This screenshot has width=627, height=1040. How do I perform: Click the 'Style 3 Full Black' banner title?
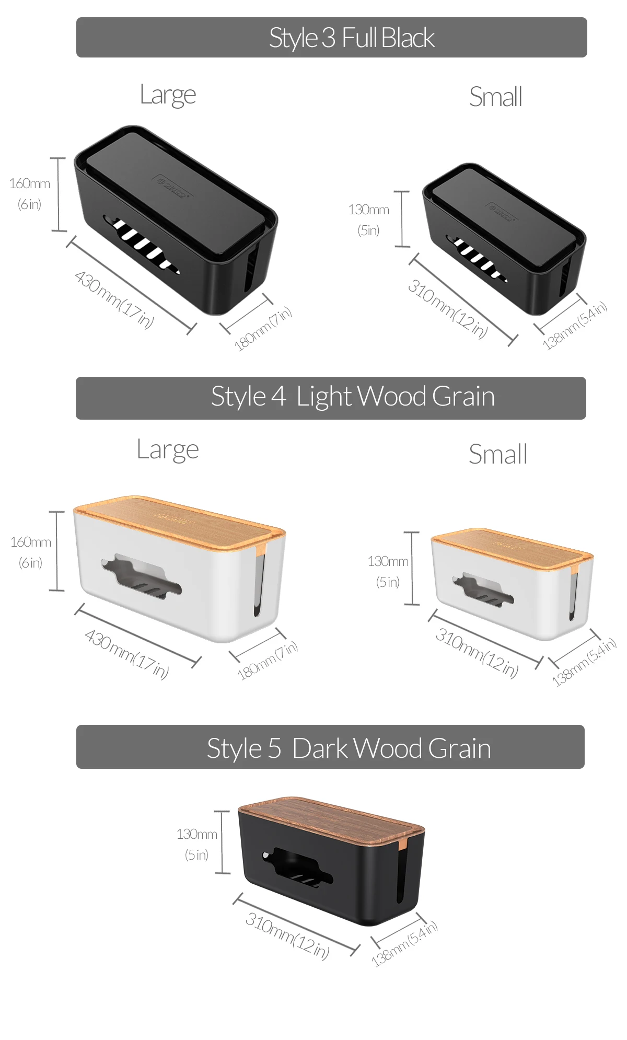(x=352, y=38)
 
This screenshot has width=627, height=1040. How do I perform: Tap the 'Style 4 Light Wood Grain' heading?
(x=353, y=397)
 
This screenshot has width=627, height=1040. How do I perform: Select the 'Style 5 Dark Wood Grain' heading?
(x=349, y=748)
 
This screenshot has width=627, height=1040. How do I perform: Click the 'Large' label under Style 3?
(x=168, y=96)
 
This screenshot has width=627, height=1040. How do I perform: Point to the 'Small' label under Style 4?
(x=497, y=454)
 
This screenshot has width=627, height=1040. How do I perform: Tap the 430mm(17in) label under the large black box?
(x=114, y=299)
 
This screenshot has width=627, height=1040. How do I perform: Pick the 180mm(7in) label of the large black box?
(x=262, y=329)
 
